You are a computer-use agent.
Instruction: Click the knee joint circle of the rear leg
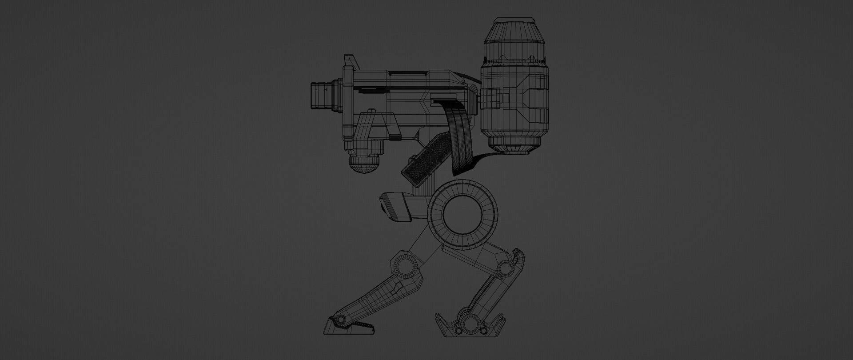click(x=505, y=268)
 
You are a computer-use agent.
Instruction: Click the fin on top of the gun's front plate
click(x=350, y=60)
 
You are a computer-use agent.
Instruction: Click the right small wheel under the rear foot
click(x=482, y=331)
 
